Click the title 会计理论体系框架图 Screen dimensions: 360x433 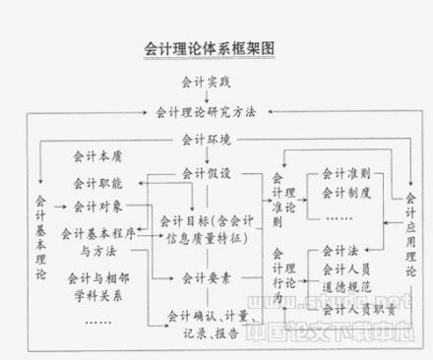point(207,46)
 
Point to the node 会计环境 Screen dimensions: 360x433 point(206,140)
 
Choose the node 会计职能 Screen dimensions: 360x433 point(98,183)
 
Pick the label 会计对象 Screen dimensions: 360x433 point(98,208)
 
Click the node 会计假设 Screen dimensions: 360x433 point(206,173)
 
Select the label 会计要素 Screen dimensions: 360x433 point(206,278)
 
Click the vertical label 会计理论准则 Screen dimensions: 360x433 point(277,201)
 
